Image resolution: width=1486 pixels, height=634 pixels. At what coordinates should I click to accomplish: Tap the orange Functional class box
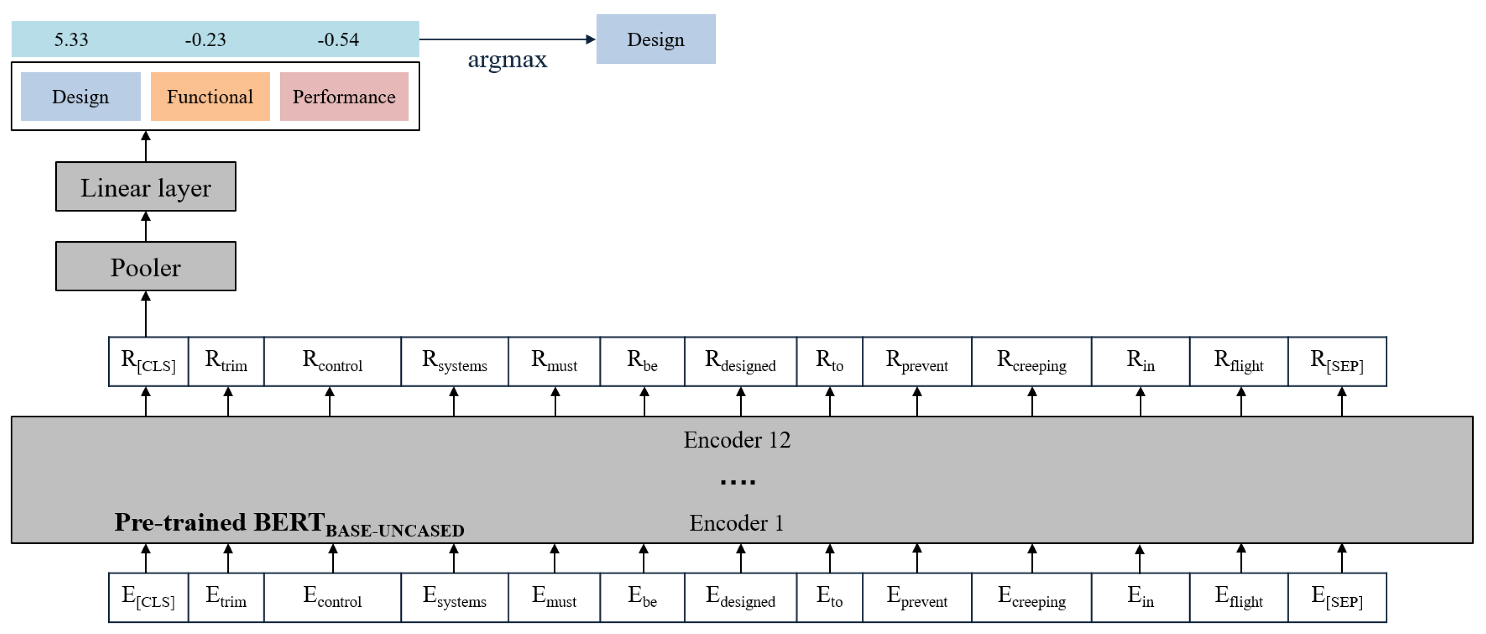[210, 96]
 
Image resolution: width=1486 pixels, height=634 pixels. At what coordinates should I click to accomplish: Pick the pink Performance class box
[344, 96]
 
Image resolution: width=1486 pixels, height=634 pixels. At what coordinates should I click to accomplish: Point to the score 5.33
[71, 39]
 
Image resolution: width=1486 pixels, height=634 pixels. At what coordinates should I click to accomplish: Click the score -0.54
[338, 39]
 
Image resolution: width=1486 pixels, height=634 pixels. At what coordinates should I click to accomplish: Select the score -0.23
[205, 39]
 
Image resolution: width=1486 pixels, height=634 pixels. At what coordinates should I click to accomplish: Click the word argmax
[507, 59]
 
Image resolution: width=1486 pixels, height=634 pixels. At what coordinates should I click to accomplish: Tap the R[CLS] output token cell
[148, 362]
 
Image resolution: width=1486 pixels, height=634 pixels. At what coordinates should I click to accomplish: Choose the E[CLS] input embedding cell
[148, 597]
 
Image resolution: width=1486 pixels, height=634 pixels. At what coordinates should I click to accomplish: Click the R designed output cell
[740, 362]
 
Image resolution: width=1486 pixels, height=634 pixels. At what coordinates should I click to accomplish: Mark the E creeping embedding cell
[1032, 597]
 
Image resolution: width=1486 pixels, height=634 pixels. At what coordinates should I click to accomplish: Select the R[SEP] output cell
[1337, 362]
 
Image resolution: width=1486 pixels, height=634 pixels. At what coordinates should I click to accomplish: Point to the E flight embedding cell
[1239, 597]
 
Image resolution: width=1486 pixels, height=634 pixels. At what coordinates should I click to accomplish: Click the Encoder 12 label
[737, 440]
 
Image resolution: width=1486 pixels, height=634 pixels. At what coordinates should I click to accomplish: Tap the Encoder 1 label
[737, 523]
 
